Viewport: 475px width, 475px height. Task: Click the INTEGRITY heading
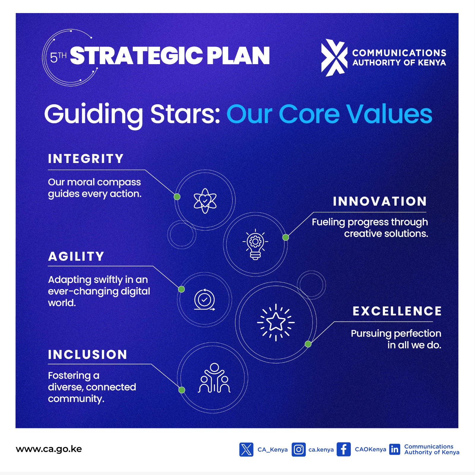[x=85, y=159]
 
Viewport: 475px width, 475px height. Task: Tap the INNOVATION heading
[x=380, y=201]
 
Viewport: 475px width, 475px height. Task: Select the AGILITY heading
[x=76, y=256]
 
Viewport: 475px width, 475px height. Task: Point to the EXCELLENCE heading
[x=397, y=311]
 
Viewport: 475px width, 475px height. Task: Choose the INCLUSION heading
[x=88, y=354]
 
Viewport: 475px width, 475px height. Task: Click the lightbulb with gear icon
[x=255, y=244]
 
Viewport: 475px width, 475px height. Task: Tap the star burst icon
[x=276, y=322]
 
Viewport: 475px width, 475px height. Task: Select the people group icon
[x=214, y=378]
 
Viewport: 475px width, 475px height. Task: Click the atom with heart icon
[x=205, y=201]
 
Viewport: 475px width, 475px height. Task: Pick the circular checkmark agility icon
[x=205, y=300]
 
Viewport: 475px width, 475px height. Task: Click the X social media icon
[x=246, y=449]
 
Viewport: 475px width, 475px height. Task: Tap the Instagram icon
[x=299, y=449]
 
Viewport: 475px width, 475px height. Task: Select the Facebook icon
[x=344, y=449]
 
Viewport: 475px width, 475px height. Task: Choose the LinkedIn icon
[x=395, y=449]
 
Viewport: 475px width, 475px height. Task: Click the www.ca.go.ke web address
[x=49, y=449]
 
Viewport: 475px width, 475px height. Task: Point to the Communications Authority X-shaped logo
[x=334, y=58]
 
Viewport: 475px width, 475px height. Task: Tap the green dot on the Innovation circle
[x=286, y=237]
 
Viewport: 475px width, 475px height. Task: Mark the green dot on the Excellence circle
[x=308, y=344]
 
